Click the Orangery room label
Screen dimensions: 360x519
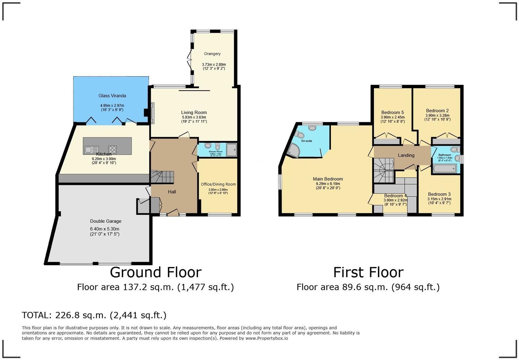[212, 54]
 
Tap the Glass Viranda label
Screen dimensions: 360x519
[112, 96]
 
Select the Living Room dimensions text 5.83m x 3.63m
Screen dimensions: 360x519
[194, 117]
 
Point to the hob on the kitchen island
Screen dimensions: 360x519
[112, 150]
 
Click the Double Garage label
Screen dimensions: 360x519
[106, 221]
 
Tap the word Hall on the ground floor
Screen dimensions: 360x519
[172, 192]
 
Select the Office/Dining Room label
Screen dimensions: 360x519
[218, 184]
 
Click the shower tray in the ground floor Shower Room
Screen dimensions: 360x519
[231, 150]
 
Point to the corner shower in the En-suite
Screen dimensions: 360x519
[293, 150]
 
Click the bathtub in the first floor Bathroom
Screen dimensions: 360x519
[445, 168]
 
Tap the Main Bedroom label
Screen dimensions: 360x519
[328, 179]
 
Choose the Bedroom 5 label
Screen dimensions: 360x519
[392, 113]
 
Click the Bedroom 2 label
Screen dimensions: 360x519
[437, 111]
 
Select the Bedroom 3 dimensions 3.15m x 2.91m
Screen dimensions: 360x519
[439, 199]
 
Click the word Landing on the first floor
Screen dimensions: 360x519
[406, 155]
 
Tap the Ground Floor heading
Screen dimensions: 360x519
[155, 272]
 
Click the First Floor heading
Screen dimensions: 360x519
[368, 272]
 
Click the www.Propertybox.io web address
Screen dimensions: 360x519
[266, 338]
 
